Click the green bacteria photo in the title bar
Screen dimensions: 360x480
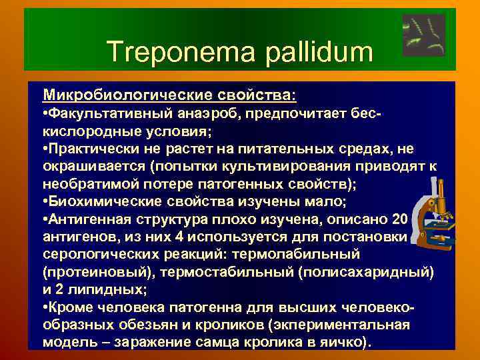424,35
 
